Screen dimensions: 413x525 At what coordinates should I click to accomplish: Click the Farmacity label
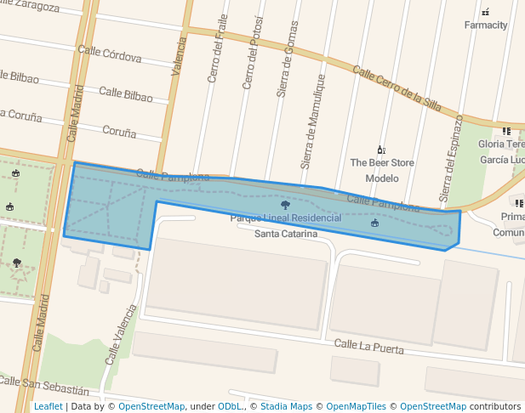point(486,25)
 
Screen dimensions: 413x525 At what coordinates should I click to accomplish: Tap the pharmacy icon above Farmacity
point(486,12)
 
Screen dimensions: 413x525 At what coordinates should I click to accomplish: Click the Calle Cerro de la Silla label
point(397,89)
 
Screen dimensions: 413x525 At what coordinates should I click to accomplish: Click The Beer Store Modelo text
point(382,170)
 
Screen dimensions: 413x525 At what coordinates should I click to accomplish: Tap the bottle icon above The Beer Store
point(380,150)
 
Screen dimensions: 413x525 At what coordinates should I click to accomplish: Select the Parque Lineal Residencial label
point(286,218)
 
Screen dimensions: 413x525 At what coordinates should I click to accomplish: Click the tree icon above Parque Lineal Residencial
point(285,205)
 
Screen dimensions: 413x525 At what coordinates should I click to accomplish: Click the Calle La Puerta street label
point(368,345)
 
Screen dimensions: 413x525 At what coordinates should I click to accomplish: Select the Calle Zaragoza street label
point(30,7)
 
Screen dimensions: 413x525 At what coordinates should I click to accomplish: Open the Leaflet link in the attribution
point(48,406)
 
